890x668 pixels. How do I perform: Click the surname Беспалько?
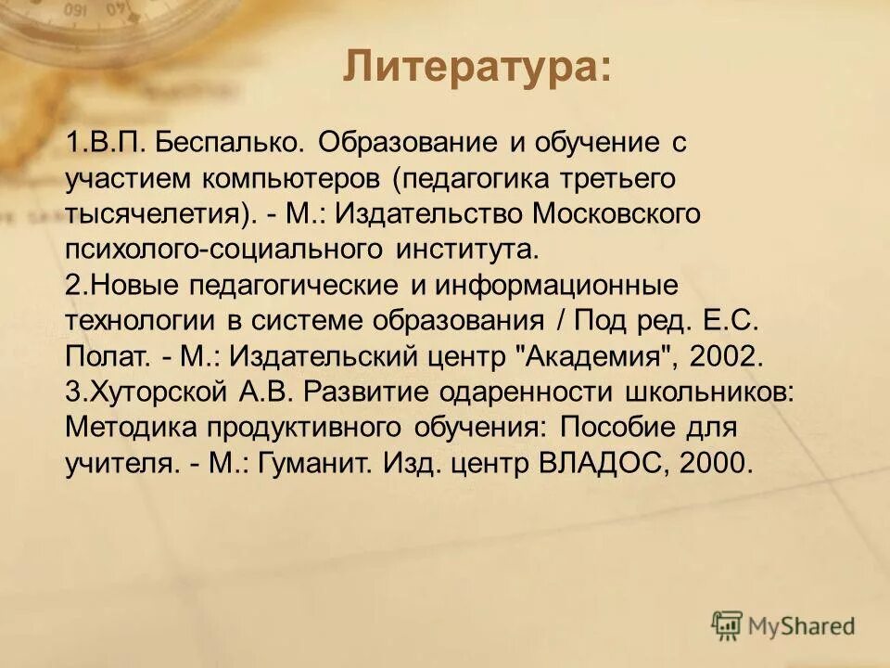coord(230,144)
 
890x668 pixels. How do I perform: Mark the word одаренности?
coord(535,391)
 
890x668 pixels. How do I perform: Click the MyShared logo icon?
coord(728,625)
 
